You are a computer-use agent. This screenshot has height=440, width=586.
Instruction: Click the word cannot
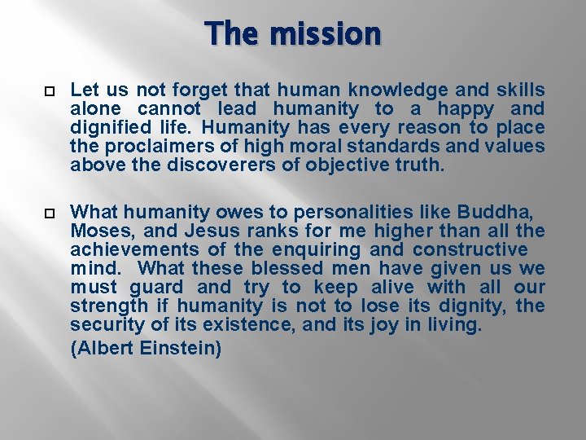click(x=168, y=109)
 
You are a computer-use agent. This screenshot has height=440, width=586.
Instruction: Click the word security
click(x=100, y=325)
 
